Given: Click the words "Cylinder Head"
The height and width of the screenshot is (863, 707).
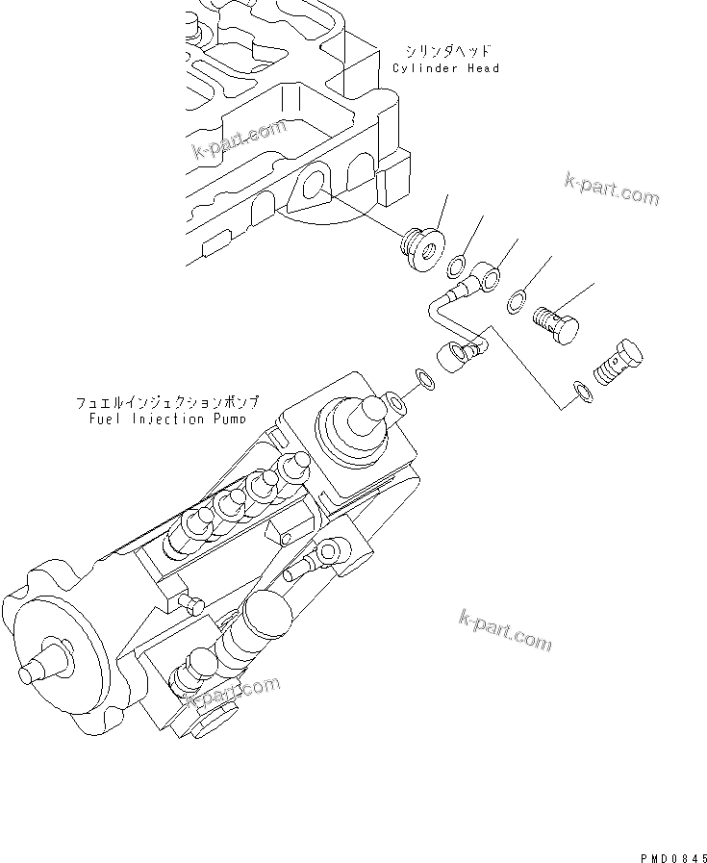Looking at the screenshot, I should [x=445, y=68].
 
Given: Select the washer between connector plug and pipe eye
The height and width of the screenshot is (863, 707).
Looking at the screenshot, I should [x=460, y=265].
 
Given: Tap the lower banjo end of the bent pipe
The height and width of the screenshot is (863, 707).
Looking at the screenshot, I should [x=456, y=358].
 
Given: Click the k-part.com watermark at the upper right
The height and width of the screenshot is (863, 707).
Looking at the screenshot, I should [x=612, y=190].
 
